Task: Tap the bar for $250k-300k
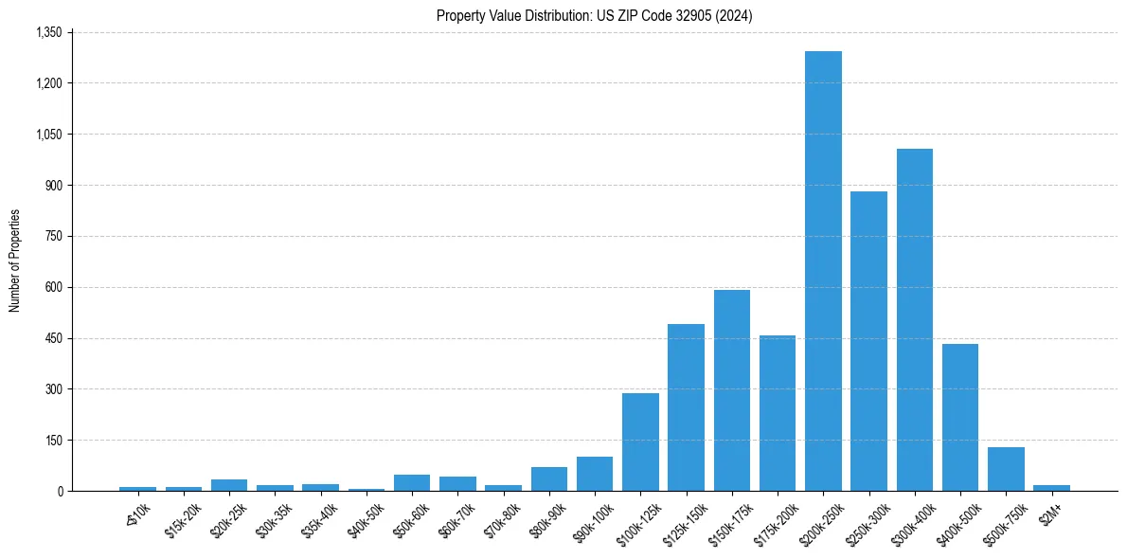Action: pos(868,341)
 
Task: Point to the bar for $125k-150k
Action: pos(686,407)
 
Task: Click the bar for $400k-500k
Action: pos(960,418)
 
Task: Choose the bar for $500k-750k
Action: pos(1006,469)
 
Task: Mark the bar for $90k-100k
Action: pos(595,474)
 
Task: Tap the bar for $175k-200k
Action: pos(778,413)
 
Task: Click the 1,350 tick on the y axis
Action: pos(48,32)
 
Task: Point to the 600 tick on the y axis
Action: pos(53,287)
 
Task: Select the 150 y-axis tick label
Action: pos(53,440)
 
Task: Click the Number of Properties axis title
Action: pos(14,261)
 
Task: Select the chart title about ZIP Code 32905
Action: pos(594,15)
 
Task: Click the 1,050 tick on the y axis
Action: pos(48,134)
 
